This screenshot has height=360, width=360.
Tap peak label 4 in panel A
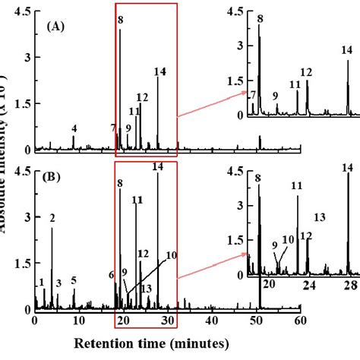[x=74, y=128]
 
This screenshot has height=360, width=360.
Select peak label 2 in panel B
[x=52, y=219]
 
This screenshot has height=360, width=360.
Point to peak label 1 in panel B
[x=40, y=282]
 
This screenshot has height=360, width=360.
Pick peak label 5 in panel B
[x=74, y=280]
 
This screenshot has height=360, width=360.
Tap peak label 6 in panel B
[x=112, y=275]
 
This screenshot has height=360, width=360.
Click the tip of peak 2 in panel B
[x=52, y=229]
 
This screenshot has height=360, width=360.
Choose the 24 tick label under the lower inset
[x=308, y=285]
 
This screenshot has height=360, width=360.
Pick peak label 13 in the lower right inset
[x=319, y=218]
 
